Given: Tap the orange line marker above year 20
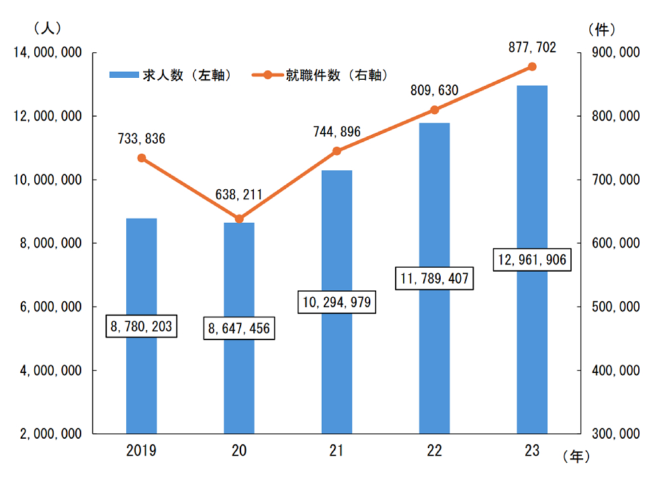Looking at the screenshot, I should [239, 219].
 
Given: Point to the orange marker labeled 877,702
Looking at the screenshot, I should [532, 66].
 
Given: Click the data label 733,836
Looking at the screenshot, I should [142, 139].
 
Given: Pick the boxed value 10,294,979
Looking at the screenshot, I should [337, 303].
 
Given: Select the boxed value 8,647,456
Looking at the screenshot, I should [239, 329].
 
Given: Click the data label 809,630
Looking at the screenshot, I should [434, 91].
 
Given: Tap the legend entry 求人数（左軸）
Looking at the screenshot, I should [171, 76].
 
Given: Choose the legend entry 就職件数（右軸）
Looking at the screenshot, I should [322, 76].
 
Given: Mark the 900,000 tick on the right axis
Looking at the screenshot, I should [613, 53].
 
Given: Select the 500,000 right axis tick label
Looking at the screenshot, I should [613, 307].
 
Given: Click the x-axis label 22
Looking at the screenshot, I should [434, 451].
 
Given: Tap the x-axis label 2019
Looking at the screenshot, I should [142, 451].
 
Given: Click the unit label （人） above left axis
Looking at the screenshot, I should [46, 29].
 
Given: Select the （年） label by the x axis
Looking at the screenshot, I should [576, 456].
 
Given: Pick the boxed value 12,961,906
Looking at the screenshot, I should [532, 260].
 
